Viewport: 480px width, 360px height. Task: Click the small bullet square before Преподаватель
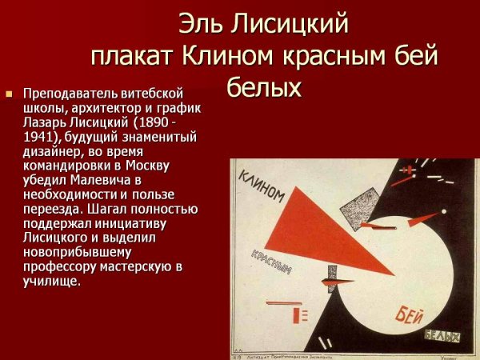10,94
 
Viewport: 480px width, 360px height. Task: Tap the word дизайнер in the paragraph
50,151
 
